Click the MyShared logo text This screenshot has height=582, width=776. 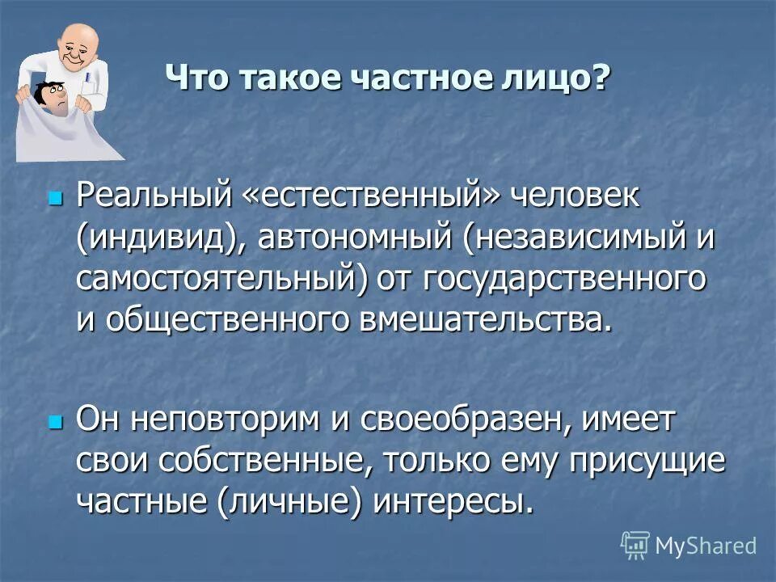(706, 546)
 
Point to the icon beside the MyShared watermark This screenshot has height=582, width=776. (635, 546)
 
